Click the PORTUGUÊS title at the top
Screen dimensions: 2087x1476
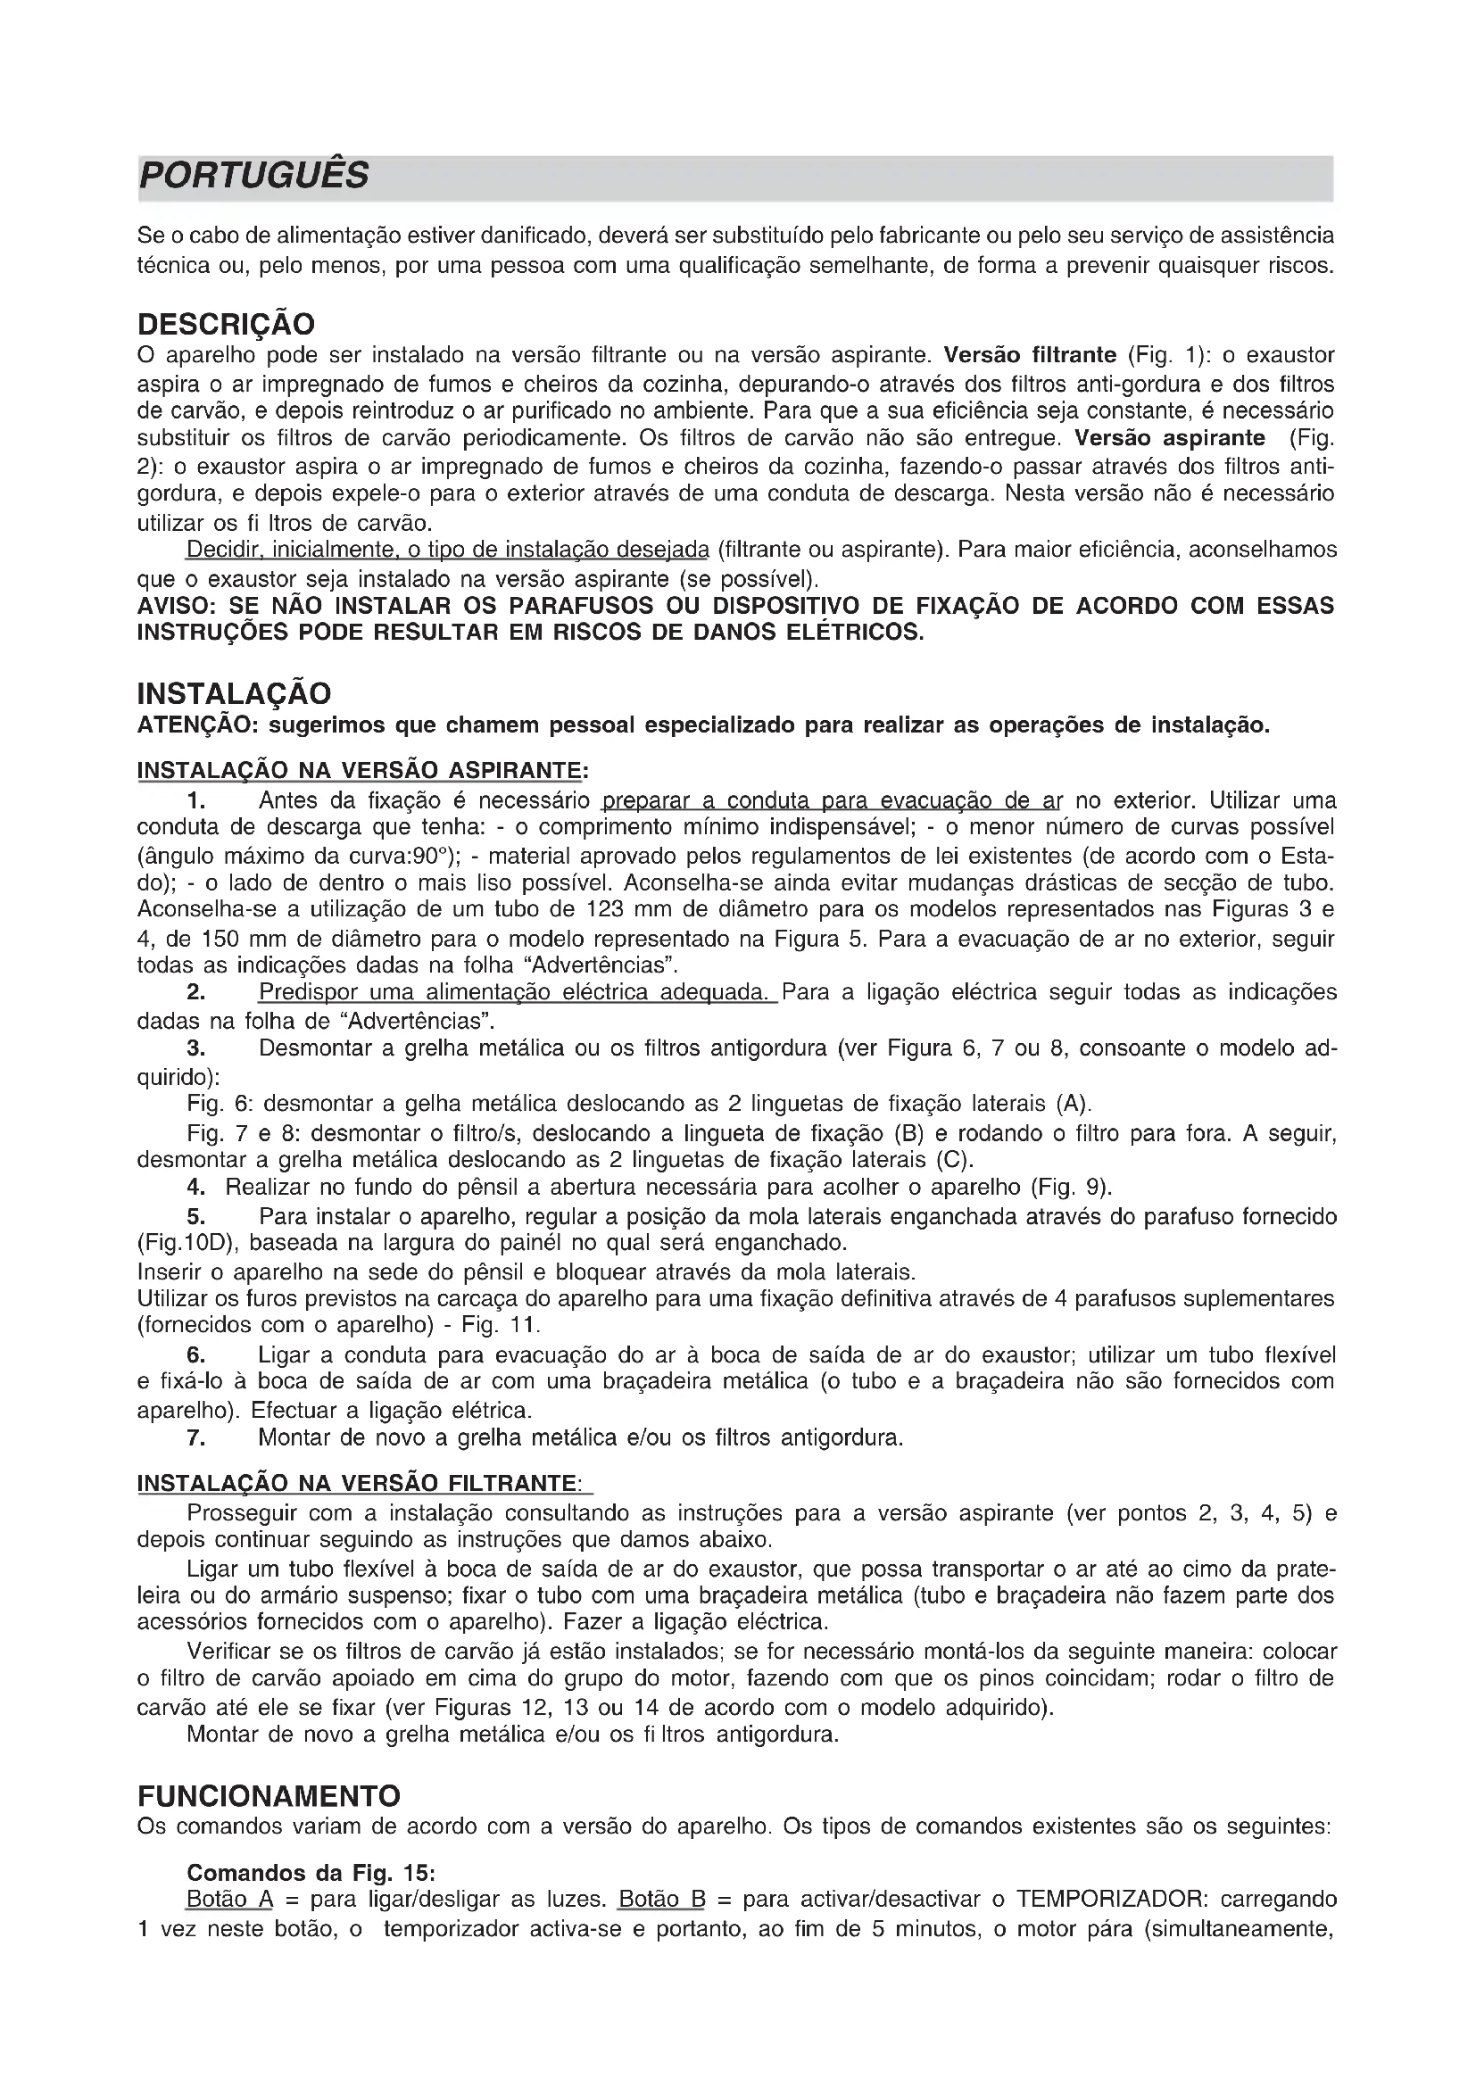point(253,176)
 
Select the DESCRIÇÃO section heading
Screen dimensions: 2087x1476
point(227,324)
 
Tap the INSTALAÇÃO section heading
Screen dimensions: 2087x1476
point(234,693)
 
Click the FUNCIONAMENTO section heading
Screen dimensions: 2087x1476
point(269,1796)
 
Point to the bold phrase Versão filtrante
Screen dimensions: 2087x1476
point(1030,353)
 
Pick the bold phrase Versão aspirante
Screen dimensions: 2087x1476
point(1170,438)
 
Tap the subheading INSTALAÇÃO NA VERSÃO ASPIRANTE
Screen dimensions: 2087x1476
point(359,771)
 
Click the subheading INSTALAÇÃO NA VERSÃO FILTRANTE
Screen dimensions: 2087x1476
point(357,1484)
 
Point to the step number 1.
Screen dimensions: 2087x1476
point(196,800)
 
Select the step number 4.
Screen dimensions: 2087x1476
point(195,1187)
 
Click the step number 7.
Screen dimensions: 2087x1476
point(195,1437)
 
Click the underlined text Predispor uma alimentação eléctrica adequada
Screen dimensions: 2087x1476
point(516,991)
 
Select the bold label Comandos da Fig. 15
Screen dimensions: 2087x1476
point(311,1873)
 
